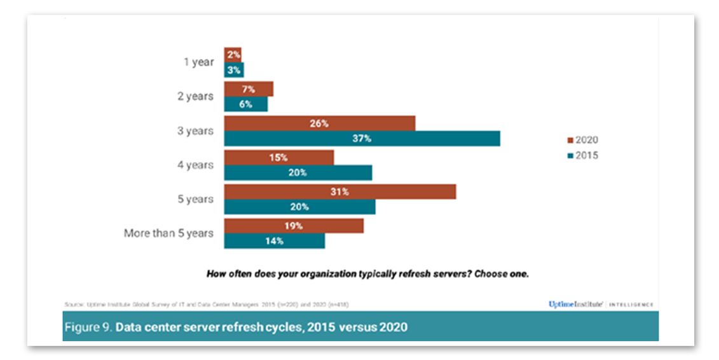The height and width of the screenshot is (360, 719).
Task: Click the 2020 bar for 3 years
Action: pyautogui.click(x=319, y=123)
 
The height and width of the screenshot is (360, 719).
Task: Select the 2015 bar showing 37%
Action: pyautogui.click(x=362, y=139)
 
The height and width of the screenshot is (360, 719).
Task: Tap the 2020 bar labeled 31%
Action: pyautogui.click(x=339, y=191)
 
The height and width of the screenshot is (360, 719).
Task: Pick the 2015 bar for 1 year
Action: pyautogui.click(x=233, y=70)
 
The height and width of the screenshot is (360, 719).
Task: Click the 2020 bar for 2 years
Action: pyautogui.click(x=248, y=89)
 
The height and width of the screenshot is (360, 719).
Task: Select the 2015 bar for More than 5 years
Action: pyautogui.click(x=274, y=241)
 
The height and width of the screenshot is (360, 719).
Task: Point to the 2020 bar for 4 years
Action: pyautogui.click(x=278, y=157)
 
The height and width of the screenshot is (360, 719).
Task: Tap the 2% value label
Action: pyautogui.click(x=233, y=55)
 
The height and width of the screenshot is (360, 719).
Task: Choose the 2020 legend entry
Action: pyautogui.click(x=582, y=141)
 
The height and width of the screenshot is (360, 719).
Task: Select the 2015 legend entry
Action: pyautogui.click(x=582, y=155)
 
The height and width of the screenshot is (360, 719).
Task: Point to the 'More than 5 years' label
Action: pyautogui.click(x=168, y=233)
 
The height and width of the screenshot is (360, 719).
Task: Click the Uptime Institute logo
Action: pyautogui.click(x=575, y=304)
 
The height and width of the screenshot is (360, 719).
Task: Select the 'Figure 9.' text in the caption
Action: pyautogui.click(x=88, y=327)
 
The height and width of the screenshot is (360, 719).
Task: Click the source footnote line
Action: pyautogui.click(x=207, y=304)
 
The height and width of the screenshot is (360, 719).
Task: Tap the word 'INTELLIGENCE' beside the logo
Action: pyautogui.click(x=631, y=305)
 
